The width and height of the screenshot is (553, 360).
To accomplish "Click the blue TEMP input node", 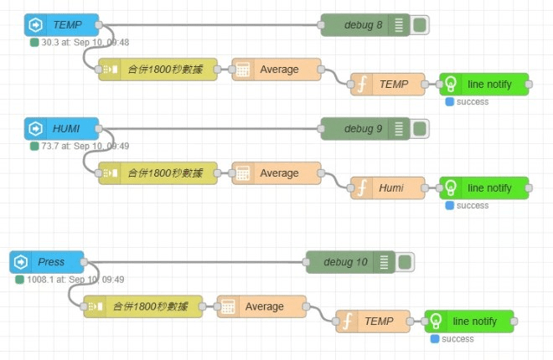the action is coord(61,24).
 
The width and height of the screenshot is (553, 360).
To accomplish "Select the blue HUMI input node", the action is coord(61,129).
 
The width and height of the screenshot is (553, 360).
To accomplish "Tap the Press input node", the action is coord(47,262).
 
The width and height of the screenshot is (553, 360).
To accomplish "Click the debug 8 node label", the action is coord(363,25).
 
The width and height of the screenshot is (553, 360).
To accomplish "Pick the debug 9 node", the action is coord(365,129).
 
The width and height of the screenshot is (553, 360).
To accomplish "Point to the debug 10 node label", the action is coord(345,262).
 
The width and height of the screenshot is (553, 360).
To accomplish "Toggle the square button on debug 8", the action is coord(420,25).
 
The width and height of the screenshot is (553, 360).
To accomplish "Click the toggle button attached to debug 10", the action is coord(405,262).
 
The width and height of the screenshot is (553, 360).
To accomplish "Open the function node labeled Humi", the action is coord(388,188).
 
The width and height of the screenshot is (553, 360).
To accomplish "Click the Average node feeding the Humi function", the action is coord(276,173).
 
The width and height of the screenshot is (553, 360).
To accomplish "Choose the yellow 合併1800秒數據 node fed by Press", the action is coord(143,306).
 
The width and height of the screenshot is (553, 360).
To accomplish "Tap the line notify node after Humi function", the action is coord(484,188).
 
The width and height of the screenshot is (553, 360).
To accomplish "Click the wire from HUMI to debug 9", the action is coord(209,129).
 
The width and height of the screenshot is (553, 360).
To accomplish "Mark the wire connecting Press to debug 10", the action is coord(195,262).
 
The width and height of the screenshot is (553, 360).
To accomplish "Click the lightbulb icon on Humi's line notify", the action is coord(451,188).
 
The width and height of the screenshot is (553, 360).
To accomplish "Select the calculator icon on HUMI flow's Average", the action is coord(243,173).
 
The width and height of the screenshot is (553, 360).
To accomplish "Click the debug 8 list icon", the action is coord(399,25).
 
